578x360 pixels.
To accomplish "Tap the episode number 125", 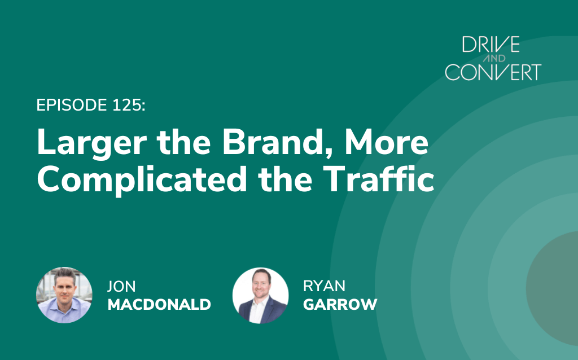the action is coord(127,105).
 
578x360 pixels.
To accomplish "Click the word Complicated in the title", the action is coord(142,179).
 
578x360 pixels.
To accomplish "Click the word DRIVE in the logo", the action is coord(491,44).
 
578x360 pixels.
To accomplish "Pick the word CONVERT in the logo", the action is coord(493,72).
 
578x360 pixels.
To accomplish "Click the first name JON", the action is coord(121,286).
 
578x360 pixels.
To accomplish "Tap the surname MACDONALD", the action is coord(159,305).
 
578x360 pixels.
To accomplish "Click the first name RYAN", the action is coord(324,286).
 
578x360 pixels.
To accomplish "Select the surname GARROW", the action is coord(340,305).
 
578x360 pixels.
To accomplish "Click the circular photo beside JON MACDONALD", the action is coord(64,295).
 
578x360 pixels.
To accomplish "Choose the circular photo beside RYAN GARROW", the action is coord(260,296).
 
